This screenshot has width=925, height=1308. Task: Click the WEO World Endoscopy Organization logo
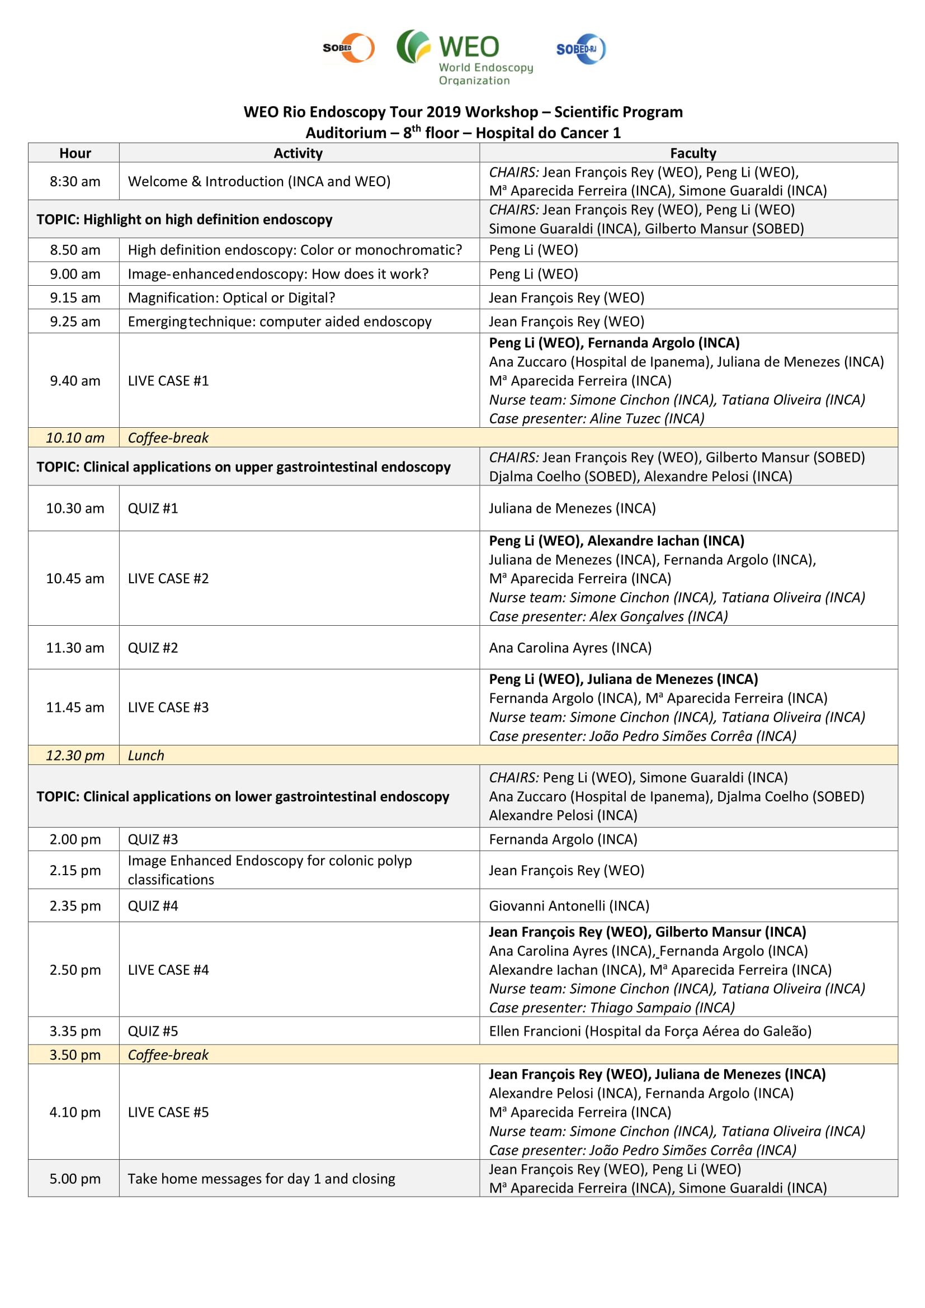[x=464, y=58]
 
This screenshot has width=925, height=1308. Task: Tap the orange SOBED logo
[x=348, y=48]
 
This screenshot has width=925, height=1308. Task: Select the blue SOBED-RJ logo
[x=581, y=49]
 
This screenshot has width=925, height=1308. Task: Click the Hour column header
[x=74, y=153]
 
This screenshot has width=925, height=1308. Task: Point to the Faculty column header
[x=692, y=153]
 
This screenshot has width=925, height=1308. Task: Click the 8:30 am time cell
[x=74, y=181]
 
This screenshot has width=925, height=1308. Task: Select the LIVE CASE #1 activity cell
[x=168, y=381]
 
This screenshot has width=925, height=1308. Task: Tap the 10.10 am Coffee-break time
[x=74, y=437]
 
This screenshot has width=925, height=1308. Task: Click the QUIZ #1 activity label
[x=153, y=508]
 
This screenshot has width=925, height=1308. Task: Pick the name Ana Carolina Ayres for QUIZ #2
[x=569, y=648]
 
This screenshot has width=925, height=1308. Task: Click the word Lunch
[x=146, y=755]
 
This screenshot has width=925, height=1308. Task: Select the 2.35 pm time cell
[x=74, y=906]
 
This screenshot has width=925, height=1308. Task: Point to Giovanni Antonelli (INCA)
[x=568, y=906]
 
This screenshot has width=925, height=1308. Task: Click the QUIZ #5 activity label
[x=153, y=1031]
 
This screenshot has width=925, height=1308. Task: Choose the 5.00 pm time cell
[x=74, y=1179]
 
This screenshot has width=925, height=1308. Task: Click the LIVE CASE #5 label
[x=168, y=1112]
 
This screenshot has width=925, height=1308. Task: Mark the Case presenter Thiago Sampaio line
[x=611, y=1008]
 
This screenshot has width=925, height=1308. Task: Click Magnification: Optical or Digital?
[x=232, y=298]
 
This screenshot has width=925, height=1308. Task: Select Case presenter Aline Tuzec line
[x=596, y=419]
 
